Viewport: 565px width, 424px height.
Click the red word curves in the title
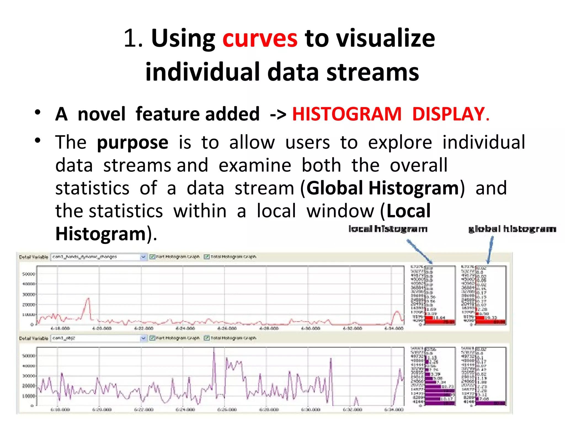click(260, 39)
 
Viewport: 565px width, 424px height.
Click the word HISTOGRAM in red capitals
click(347, 114)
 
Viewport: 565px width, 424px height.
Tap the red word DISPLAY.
click(451, 114)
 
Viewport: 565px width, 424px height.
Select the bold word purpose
click(132, 143)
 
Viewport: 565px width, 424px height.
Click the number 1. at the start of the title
click(133, 39)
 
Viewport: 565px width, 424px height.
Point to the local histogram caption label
click(388, 229)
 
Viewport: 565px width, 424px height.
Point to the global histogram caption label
click(512, 229)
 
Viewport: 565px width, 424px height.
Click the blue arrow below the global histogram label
click(490, 250)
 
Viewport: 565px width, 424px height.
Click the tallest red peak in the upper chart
click(88, 299)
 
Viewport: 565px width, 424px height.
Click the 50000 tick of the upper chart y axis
click(29, 274)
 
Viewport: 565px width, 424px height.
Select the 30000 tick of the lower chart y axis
click(29, 376)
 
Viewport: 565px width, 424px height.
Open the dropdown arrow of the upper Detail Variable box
click(143, 257)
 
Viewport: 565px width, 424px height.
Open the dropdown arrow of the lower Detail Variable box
click(143, 338)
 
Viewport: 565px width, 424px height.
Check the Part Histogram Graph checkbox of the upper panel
click(152, 257)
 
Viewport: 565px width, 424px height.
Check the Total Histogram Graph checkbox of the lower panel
click(206, 338)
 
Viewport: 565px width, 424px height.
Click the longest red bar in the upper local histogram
click(440, 322)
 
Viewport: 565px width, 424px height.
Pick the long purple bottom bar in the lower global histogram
click(491, 403)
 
